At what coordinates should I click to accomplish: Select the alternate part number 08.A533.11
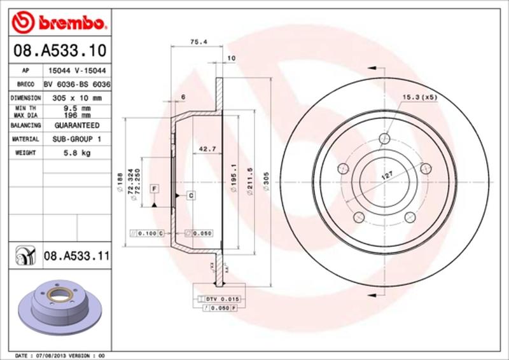[77, 257]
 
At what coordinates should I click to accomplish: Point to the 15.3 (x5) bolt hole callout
[420, 97]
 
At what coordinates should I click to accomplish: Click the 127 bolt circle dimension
[386, 175]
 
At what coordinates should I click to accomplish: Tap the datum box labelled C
[190, 195]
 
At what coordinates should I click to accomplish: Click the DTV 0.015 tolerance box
[221, 298]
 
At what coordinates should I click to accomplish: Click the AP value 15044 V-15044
[76, 71]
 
